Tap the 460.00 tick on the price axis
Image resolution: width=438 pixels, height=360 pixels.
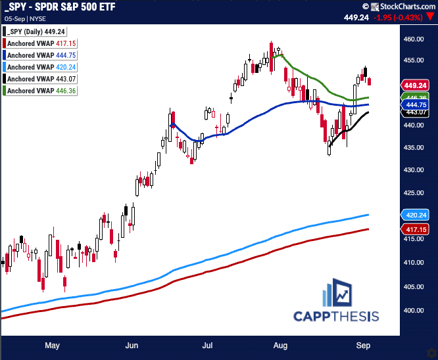[414, 39]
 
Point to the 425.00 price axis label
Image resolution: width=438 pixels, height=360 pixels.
[414, 193]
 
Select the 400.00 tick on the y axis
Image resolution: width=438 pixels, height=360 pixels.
[414, 310]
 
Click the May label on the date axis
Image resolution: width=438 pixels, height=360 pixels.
[53, 345]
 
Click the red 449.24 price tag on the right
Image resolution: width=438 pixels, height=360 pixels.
[416, 85]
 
